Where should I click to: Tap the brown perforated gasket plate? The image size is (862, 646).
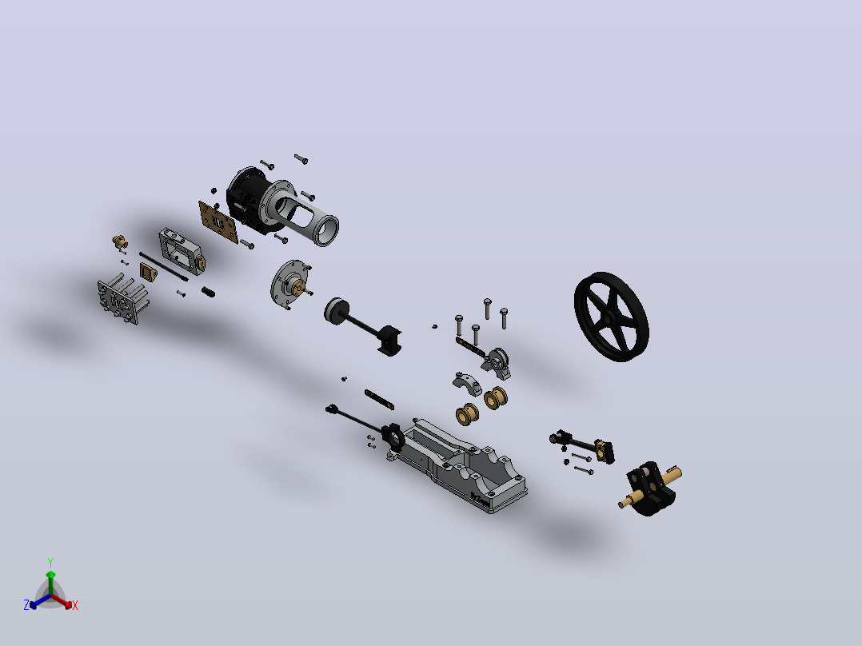tap(217, 221)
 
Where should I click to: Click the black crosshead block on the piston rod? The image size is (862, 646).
tap(389, 340)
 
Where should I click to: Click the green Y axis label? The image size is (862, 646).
tap(50, 563)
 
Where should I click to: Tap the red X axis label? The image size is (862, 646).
tap(75, 605)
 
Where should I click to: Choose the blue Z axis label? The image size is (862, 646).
tap(26, 605)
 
